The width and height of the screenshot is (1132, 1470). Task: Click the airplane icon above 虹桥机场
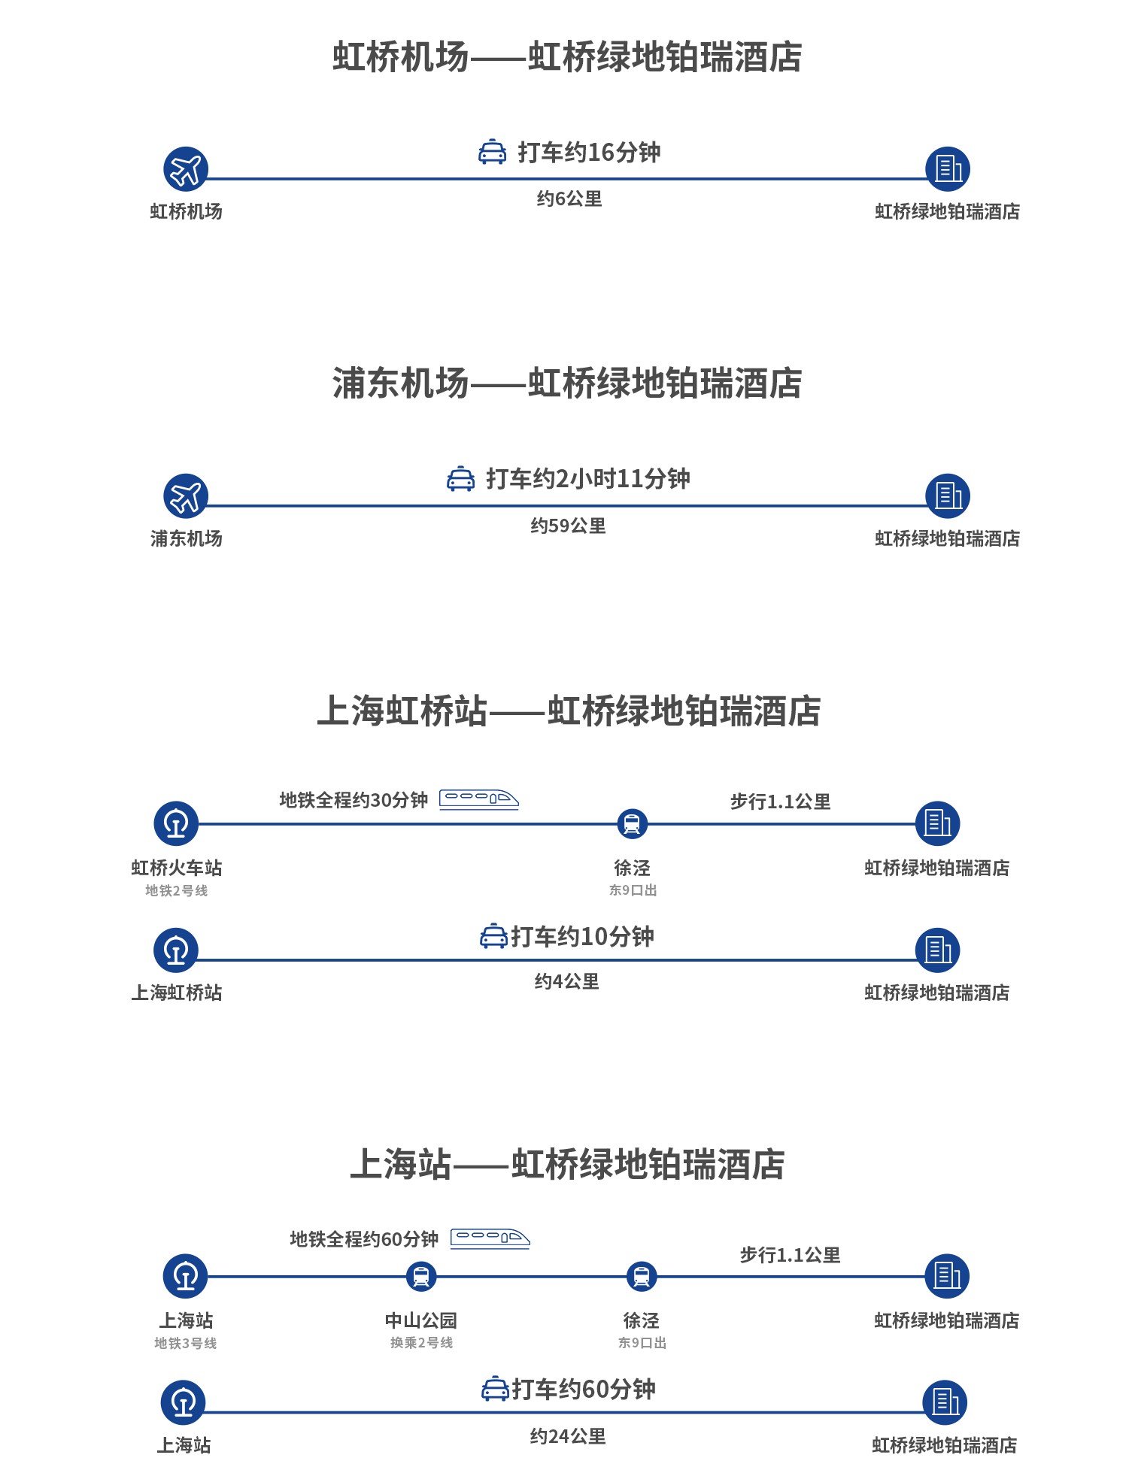(x=186, y=169)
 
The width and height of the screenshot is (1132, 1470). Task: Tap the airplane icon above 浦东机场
(x=186, y=496)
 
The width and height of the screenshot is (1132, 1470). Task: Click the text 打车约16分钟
(x=589, y=153)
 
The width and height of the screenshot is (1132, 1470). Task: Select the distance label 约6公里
(x=569, y=199)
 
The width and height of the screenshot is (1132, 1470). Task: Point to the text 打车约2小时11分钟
(x=587, y=479)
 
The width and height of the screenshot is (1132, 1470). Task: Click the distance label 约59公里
(x=568, y=526)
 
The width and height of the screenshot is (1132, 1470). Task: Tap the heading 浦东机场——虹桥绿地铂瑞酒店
(x=567, y=383)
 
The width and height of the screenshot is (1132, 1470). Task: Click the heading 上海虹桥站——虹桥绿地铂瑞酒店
(x=568, y=711)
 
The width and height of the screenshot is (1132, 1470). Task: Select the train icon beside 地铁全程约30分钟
(x=479, y=799)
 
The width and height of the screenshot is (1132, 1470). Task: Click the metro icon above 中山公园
(x=421, y=1276)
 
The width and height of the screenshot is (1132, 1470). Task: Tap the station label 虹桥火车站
(x=177, y=868)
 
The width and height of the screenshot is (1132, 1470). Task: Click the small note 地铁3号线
(x=186, y=1343)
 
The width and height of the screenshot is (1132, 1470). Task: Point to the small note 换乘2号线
(x=421, y=1343)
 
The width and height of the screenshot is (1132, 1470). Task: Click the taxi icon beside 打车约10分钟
(x=493, y=937)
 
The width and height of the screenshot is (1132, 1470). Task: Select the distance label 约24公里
(x=568, y=1436)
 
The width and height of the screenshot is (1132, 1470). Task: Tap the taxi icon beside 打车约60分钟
(x=495, y=1389)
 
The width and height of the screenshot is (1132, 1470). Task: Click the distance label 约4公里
(x=566, y=981)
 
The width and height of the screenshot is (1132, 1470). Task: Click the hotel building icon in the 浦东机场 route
(x=948, y=496)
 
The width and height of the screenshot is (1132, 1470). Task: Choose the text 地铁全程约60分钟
(x=364, y=1238)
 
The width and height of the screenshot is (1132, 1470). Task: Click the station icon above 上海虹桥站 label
(x=176, y=950)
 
